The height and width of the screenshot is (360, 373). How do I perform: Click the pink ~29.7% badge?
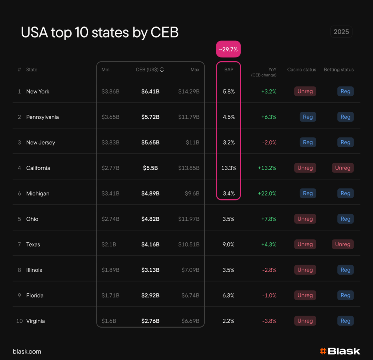228,49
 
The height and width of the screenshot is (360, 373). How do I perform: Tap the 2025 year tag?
341,32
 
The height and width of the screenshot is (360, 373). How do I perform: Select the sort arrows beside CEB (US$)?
162,70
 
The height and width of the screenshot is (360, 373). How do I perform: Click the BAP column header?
229,70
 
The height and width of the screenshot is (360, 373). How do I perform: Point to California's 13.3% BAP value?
229,168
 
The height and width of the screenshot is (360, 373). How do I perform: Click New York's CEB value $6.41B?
150,91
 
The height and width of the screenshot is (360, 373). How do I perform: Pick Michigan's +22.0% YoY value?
269,193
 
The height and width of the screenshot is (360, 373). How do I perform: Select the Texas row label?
33,244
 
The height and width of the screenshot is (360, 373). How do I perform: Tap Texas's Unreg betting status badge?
342,244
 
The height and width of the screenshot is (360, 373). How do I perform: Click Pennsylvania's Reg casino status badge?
308,117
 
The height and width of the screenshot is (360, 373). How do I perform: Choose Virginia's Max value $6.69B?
190,321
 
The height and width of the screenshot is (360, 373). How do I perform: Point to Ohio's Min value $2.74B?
110,219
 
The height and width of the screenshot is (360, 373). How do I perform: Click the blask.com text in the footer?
27,352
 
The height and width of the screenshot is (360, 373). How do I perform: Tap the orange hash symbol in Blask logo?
323,351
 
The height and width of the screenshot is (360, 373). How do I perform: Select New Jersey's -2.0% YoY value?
269,142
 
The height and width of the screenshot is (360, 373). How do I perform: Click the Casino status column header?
302,70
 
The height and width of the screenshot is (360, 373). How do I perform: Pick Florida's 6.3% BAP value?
228,296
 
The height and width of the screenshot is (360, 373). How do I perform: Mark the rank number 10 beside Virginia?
19,321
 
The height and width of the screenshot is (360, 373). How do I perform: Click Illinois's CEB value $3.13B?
150,270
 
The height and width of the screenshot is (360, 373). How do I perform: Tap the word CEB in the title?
164,33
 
